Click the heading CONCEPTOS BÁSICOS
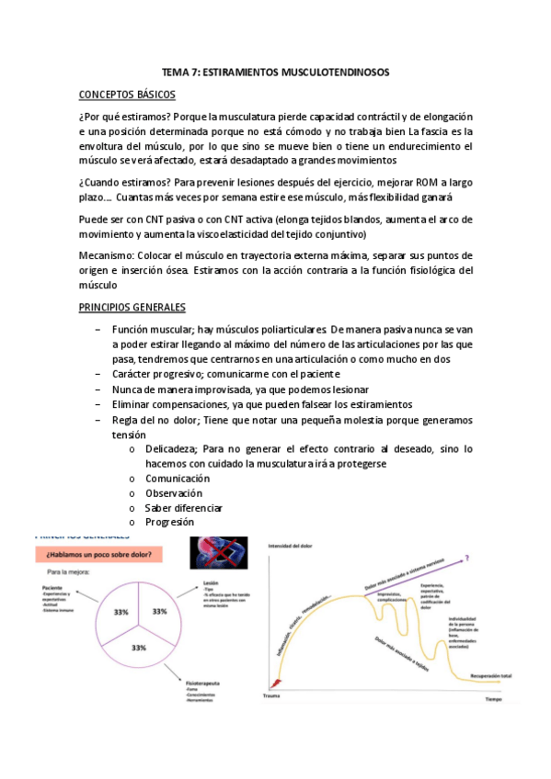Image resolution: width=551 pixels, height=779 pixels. [128, 95]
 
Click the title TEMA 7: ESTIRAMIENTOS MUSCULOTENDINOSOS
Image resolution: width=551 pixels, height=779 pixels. [275, 72]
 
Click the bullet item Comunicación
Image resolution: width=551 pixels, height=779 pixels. [178, 479]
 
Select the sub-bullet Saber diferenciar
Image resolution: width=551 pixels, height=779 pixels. [184, 508]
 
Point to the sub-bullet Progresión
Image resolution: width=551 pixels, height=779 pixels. [169, 522]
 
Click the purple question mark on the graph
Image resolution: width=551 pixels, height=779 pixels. [469, 557]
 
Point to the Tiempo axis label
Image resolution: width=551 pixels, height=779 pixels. [495, 699]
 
